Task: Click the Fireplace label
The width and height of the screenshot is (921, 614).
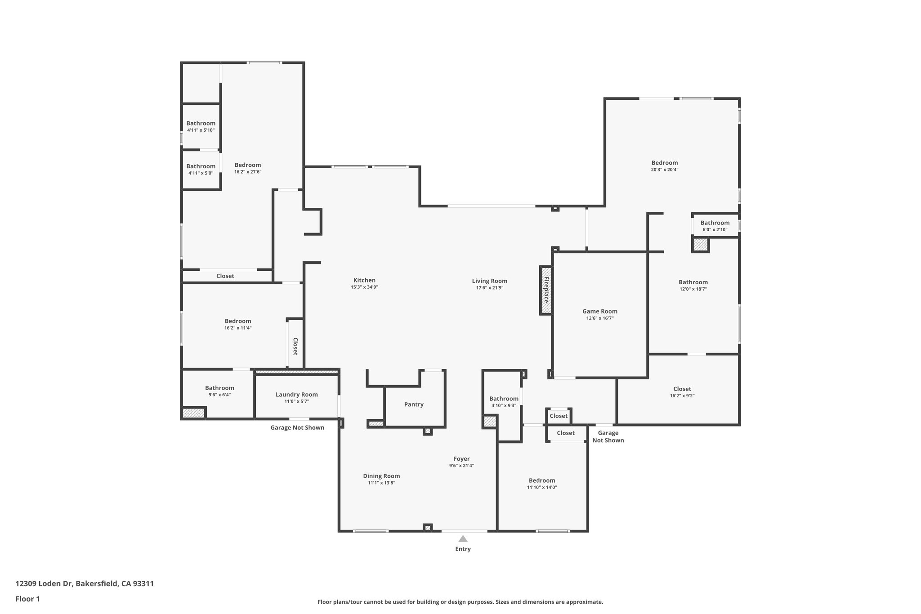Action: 546,290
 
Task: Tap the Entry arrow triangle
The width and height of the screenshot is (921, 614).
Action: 463,538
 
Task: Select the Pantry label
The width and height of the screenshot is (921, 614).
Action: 414,404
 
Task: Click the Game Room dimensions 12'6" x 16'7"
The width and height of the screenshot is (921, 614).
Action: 600,318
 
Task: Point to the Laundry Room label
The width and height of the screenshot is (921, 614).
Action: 296,394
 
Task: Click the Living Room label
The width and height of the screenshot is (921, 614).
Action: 489,281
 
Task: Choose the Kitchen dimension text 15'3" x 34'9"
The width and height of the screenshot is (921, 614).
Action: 364,287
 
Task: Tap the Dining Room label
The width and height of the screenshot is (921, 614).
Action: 381,476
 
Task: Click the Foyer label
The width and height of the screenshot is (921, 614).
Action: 461,459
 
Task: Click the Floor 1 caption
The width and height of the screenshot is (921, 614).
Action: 28,599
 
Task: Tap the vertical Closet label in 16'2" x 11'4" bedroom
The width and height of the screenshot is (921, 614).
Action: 295,346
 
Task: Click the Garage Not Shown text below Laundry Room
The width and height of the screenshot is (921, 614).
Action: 297,427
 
